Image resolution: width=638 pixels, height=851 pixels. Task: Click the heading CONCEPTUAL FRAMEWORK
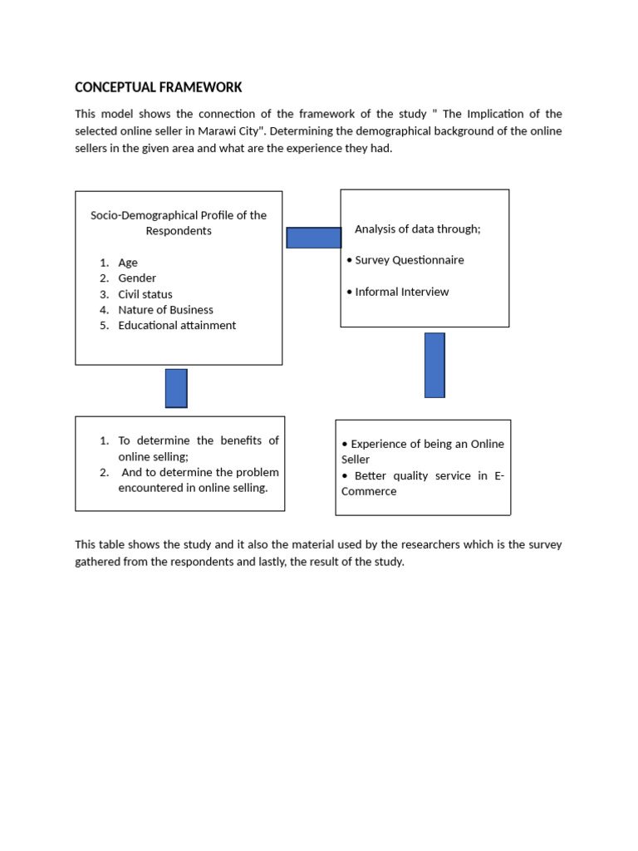pyautogui.click(x=158, y=87)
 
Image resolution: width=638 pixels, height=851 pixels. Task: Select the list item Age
pyautogui.click(x=128, y=263)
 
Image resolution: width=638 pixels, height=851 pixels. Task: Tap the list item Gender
pyautogui.click(x=137, y=278)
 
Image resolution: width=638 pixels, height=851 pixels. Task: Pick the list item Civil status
pyautogui.click(x=145, y=294)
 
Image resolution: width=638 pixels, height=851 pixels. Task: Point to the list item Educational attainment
pyautogui.click(x=177, y=326)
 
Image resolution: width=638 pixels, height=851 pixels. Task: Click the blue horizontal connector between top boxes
pyautogui.click(x=313, y=238)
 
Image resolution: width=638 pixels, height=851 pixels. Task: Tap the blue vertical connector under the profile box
pyautogui.click(x=176, y=388)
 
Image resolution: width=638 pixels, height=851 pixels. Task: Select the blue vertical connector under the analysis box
pyautogui.click(x=434, y=366)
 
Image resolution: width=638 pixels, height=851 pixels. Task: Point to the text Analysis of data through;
pyautogui.click(x=417, y=229)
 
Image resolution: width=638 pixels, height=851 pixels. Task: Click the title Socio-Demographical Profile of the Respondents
pyautogui.click(x=179, y=223)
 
